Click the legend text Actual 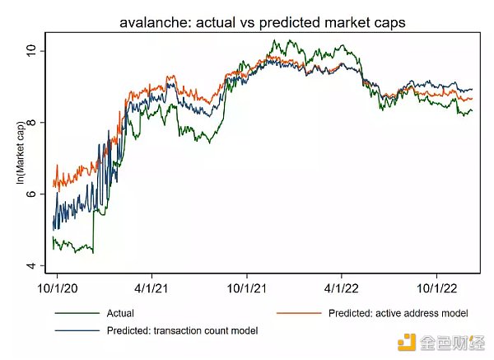tap(120, 313)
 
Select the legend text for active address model tap(398, 313)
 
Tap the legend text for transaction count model tap(182, 330)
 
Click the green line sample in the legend tap(72, 313)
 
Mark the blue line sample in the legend tap(72, 330)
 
